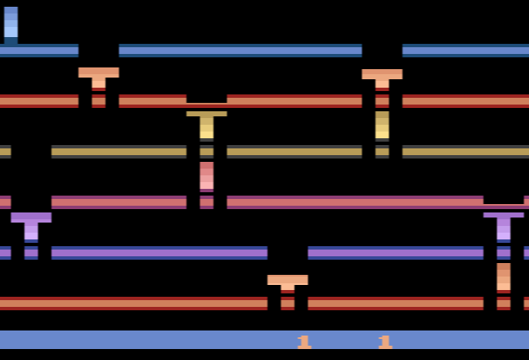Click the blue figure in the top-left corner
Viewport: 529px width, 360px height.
click(x=10, y=24)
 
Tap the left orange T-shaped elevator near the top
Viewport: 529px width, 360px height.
click(x=99, y=76)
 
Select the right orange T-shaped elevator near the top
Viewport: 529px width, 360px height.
click(x=382, y=77)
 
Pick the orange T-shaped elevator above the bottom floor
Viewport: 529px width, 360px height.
click(x=288, y=282)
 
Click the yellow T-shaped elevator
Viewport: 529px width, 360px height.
click(x=207, y=124)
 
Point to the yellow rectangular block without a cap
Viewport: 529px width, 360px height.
click(x=382, y=125)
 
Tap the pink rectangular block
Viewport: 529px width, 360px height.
click(x=207, y=175)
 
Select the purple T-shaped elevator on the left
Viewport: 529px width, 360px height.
click(x=31, y=224)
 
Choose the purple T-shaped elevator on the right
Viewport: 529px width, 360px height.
click(x=504, y=224)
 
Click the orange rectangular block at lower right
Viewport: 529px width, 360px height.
click(x=504, y=277)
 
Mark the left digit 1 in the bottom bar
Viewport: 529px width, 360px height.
click(x=305, y=341)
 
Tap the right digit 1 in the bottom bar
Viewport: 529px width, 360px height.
click(x=386, y=341)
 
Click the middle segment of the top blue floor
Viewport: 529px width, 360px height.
click(x=240, y=51)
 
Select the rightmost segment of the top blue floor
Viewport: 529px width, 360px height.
click(x=466, y=51)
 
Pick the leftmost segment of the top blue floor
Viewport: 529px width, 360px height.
click(x=39, y=51)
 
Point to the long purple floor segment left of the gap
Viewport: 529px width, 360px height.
click(x=159, y=253)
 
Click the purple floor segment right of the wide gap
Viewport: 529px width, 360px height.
click(x=396, y=253)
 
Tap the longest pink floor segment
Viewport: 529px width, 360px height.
click(x=354, y=202)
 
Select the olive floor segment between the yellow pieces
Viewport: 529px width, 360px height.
click(x=294, y=152)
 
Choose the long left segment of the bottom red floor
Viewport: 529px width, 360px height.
click(x=133, y=304)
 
